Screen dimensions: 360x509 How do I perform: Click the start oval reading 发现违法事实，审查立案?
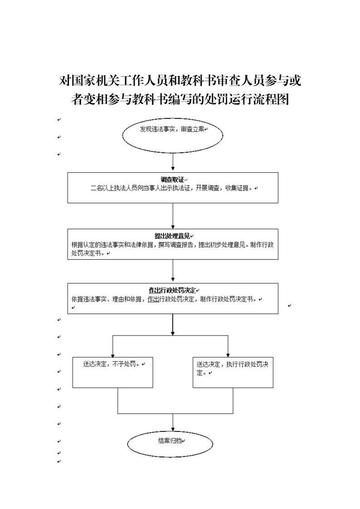(173, 135)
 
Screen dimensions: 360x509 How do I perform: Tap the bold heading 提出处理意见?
(172, 236)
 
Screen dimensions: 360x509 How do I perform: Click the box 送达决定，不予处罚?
(112, 372)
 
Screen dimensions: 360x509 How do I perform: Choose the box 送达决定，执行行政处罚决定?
(233, 372)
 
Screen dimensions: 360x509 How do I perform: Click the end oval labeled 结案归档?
(170, 444)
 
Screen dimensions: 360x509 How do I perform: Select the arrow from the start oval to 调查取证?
(173, 162)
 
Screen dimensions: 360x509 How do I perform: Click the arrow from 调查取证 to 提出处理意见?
(173, 216)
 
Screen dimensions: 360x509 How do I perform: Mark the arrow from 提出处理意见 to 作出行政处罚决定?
(173, 270)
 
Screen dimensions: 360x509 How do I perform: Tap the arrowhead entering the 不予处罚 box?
(112, 355)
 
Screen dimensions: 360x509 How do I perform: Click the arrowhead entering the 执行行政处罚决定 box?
(228, 355)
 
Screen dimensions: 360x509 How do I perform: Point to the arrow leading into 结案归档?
(173, 422)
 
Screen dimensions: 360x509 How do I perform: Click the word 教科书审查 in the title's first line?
(204, 81)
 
